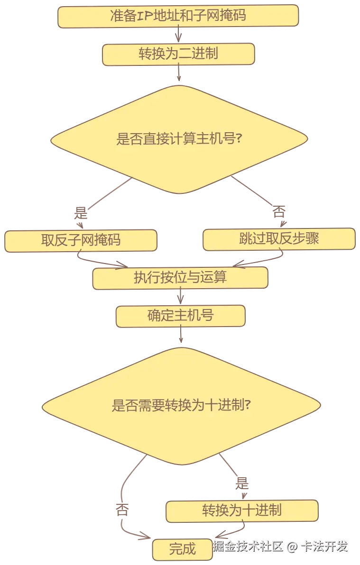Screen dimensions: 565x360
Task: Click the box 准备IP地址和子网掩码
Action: (178, 16)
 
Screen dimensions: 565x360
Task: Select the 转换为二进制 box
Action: (178, 53)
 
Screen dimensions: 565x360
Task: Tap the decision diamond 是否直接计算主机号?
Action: (179, 139)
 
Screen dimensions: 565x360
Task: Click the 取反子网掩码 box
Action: (81, 240)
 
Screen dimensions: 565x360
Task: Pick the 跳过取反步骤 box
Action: (279, 238)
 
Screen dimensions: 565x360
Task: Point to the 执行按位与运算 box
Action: (180, 277)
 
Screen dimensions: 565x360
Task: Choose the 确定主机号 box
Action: (181, 316)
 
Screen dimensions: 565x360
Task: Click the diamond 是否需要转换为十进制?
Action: (181, 406)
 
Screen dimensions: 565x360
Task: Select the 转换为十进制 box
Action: (242, 510)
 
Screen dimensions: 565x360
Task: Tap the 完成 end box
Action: (182, 549)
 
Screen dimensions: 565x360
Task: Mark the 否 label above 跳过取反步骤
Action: (279, 212)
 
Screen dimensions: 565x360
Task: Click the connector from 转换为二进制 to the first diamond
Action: (179, 74)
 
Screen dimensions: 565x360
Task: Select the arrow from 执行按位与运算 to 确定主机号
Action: (181, 297)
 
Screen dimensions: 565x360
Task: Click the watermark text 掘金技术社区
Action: (248, 546)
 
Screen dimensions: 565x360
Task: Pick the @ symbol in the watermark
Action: (292, 547)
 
